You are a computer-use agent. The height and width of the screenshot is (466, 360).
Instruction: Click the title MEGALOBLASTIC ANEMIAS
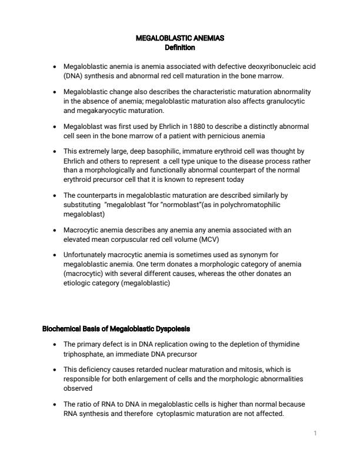(x=179, y=38)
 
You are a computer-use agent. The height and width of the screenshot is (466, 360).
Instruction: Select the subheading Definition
(x=179, y=46)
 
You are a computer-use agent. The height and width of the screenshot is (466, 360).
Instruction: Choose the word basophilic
(x=146, y=152)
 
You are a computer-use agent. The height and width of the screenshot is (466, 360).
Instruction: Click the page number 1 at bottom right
(x=315, y=434)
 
